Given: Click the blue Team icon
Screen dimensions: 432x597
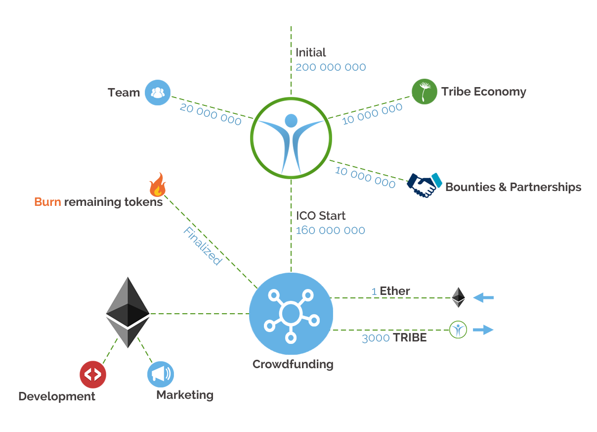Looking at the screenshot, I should pyautogui.click(x=157, y=93).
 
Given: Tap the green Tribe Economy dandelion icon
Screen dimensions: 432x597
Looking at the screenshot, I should pyautogui.click(x=424, y=92).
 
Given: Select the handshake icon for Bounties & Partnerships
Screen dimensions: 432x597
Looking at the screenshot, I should pyautogui.click(x=424, y=185).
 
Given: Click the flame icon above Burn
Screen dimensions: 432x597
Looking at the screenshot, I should pyautogui.click(x=158, y=185).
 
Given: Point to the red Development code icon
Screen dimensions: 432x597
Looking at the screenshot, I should pyautogui.click(x=93, y=374).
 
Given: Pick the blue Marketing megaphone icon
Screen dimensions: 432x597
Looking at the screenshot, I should pyautogui.click(x=161, y=374).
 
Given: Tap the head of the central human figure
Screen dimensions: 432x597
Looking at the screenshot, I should pyautogui.click(x=291, y=120).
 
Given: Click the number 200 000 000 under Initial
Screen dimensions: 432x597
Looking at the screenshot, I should pyautogui.click(x=331, y=67).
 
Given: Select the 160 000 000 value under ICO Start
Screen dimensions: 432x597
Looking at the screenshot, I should pyautogui.click(x=331, y=231).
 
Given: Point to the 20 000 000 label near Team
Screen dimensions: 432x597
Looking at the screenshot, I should pyautogui.click(x=211, y=114).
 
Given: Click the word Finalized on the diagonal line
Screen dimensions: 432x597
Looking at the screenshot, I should pyautogui.click(x=202, y=246).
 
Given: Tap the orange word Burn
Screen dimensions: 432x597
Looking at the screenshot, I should pyautogui.click(x=47, y=202).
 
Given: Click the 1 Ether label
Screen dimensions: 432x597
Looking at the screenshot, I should pyautogui.click(x=390, y=291).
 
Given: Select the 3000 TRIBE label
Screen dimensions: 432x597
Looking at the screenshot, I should pyautogui.click(x=394, y=338).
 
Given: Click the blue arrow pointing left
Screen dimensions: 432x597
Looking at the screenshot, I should pyautogui.click(x=483, y=297).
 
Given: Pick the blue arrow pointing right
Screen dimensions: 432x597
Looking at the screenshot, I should pyautogui.click(x=483, y=330).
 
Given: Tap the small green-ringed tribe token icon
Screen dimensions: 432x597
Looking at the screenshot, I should pyautogui.click(x=458, y=330).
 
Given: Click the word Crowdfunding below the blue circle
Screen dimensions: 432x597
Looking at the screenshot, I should pyautogui.click(x=293, y=365).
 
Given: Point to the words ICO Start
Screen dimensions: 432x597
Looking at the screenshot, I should pyautogui.click(x=321, y=216).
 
